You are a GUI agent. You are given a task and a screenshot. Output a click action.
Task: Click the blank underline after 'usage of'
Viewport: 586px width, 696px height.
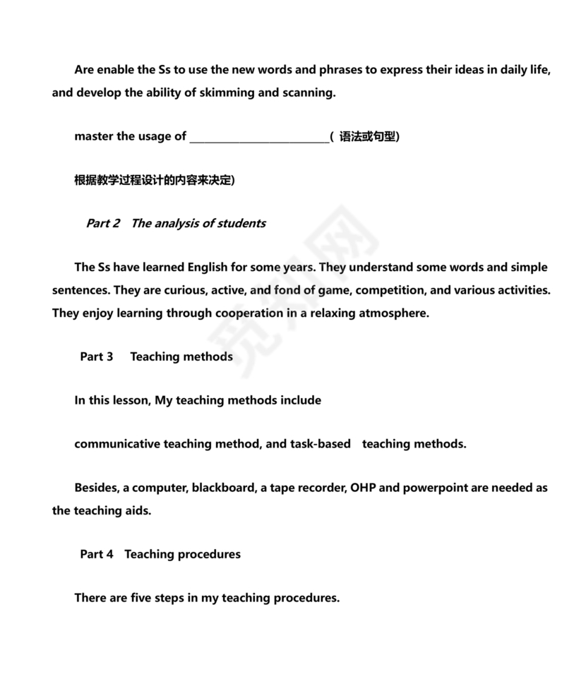tap(259, 137)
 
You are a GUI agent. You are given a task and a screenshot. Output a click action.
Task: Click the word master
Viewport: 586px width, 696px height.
tap(94, 136)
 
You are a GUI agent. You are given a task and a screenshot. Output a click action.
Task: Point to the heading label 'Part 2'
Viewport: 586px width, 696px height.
tap(103, 223)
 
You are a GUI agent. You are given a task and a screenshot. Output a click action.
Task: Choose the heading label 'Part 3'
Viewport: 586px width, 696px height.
tap(97, 356)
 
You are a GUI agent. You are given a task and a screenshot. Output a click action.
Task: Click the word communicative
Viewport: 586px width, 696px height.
tap(117, 444)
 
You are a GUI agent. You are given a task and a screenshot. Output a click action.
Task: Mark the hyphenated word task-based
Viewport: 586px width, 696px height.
tap(321, 444)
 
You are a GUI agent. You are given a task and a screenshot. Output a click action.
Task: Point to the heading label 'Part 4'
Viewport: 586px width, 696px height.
tap(97, 554)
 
